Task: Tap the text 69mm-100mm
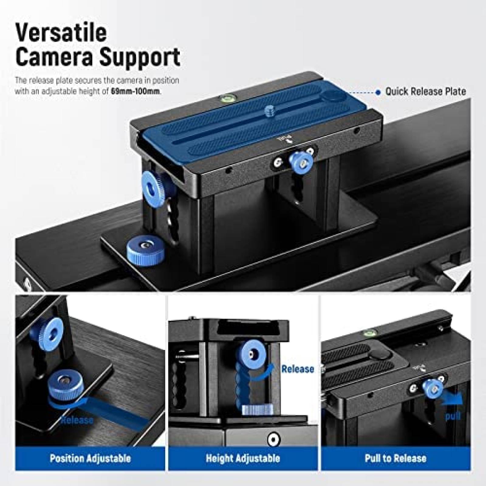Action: click(135, 91)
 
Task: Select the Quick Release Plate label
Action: click(425, 91)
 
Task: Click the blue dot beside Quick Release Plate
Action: click(378, 92)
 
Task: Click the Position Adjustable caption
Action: click(90, 458)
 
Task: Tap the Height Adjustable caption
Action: click(243, 458)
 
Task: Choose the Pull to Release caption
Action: click(395, 458)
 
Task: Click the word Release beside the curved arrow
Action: click(298, 369)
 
